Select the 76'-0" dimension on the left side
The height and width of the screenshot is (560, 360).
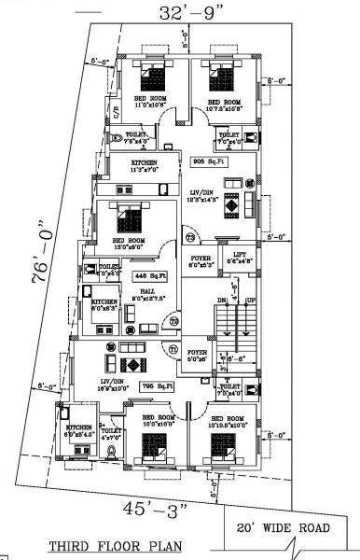coord(41,255)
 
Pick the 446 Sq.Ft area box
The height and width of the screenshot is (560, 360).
coord(150,275)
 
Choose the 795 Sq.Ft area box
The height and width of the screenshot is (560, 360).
coord(165,385)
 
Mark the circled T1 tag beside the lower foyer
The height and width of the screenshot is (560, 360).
coord(173,348)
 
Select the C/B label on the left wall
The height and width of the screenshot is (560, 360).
coord(117,112)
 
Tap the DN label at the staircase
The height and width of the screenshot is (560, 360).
coord(221,300)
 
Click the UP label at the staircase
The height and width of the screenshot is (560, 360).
coord(250,300)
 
